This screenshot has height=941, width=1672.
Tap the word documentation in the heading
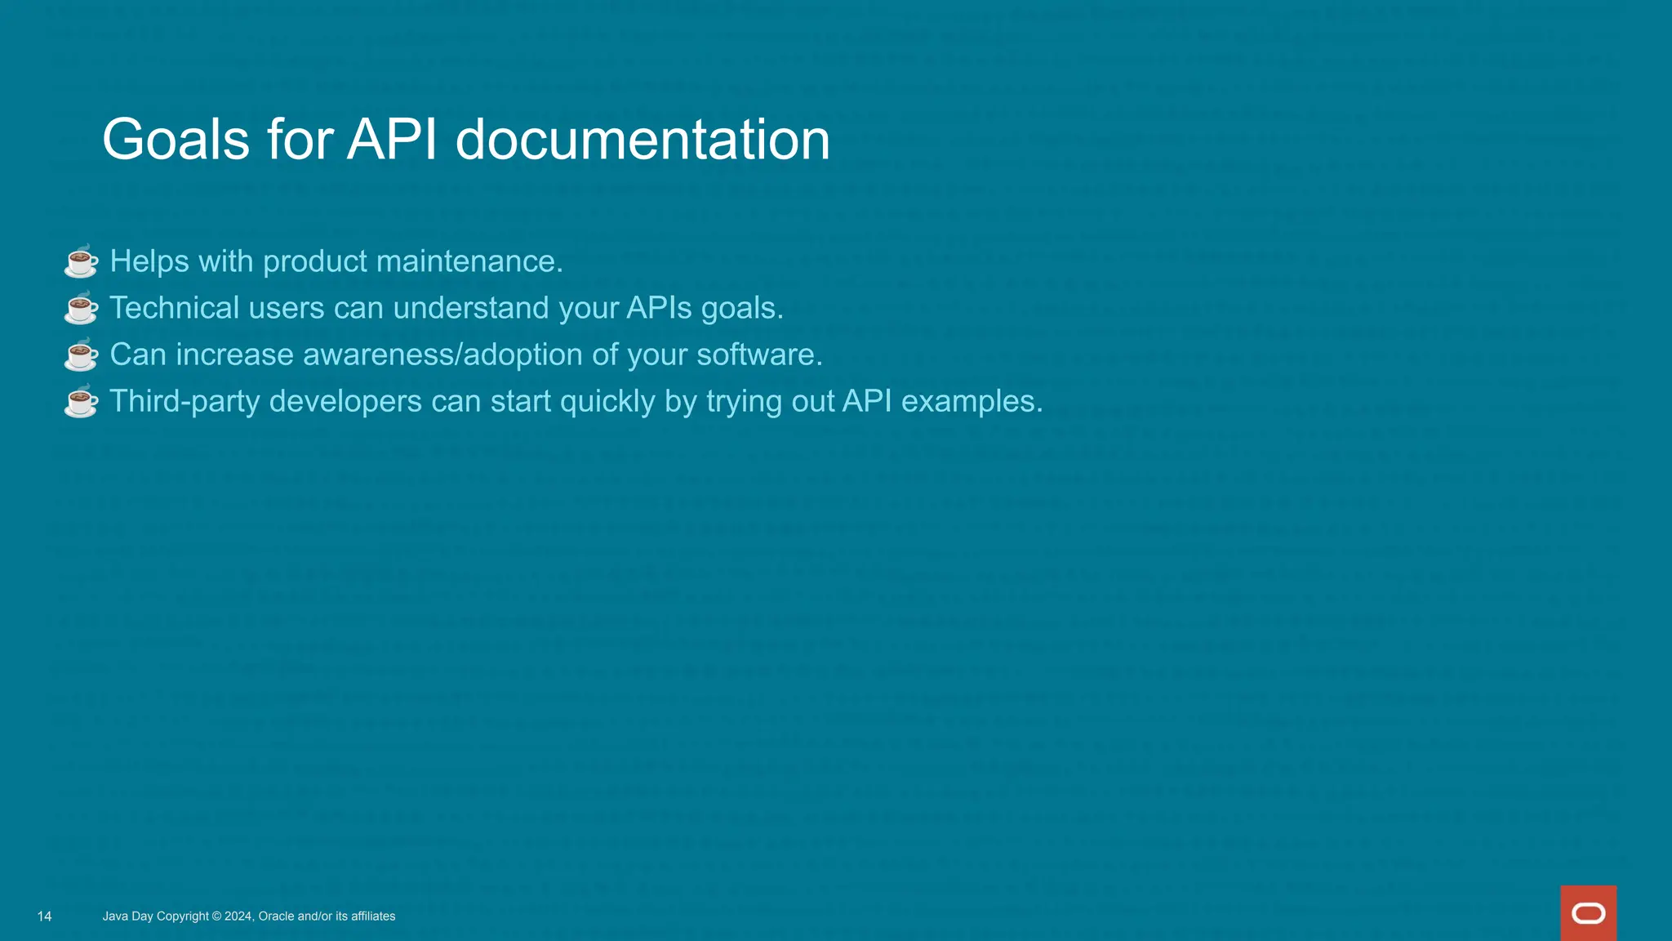point(643,140)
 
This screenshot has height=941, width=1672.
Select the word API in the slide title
point(393,140)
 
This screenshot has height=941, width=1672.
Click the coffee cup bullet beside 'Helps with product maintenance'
point(81,261)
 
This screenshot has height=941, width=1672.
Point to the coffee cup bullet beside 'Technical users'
point(81,308)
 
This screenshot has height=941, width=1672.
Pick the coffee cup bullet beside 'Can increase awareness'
point(81,355)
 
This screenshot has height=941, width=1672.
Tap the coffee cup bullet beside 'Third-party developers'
point(81,401)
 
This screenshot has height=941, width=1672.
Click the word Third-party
point(185,401)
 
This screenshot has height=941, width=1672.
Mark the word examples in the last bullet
point(972,401)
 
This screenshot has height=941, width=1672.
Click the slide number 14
point(45,916)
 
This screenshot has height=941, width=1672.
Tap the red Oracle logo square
point(1588,913)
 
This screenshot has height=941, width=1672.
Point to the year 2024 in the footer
point(238,916)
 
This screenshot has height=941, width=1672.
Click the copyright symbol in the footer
point(216,916)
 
